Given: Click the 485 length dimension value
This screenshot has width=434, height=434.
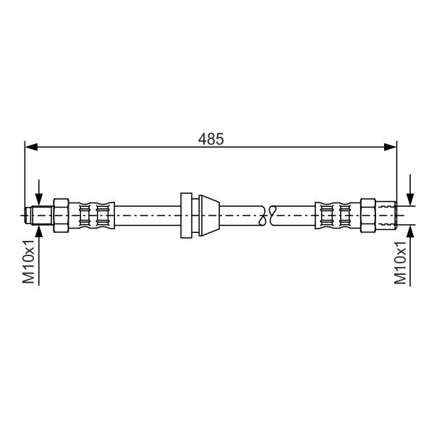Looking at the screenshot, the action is click(x=210, y=139).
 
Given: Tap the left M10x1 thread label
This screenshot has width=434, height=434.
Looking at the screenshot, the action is click(x=28, y=262).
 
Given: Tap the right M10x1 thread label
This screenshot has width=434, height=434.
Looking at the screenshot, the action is click(x=400, y=263).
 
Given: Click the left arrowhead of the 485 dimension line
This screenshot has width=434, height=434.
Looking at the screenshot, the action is click(x=31, y=148).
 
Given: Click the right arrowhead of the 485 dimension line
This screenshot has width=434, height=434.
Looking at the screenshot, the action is click(x=391, y=148).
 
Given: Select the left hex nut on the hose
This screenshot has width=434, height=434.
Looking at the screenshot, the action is click(x=61, y=215).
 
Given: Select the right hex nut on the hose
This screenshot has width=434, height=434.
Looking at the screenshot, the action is click(x=368, y=215).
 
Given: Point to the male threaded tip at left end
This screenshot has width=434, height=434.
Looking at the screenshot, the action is click(x=39, y=215).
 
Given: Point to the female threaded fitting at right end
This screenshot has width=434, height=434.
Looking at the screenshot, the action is click(x=386, y=215).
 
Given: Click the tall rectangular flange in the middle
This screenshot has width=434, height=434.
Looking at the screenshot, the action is click(x=187, y=215).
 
